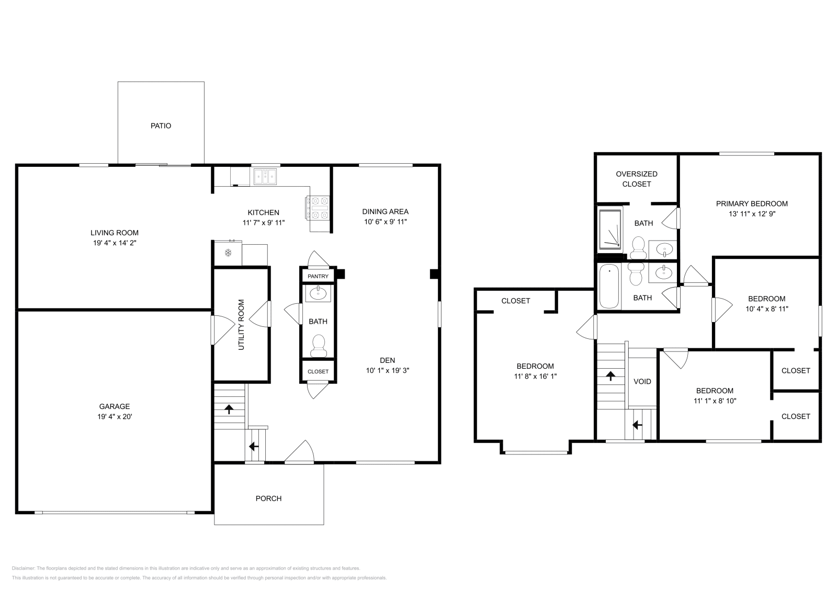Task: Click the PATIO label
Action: click(x=161, y=126)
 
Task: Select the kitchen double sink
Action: click(x=267, y=177)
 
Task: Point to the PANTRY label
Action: click(x=318, y=276)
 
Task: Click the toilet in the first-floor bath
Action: click(x=318, y=345)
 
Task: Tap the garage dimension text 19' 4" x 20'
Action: click(x=115, y=417)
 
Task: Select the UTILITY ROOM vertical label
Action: click(x=241, y=325)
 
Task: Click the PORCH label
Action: click(x=268, y=498)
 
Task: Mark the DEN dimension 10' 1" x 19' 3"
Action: click(x=387, y=370)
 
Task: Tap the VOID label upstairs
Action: click(x=642, y=381)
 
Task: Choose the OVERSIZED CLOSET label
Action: click(x=636, y=179)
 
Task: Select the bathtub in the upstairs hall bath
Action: click(x=608, y=286)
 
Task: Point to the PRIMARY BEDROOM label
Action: click(x=752, y=203)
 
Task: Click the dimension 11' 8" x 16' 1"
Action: click(x=535, y=376)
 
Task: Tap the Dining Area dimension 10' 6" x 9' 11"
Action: click(x=385, y=222)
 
